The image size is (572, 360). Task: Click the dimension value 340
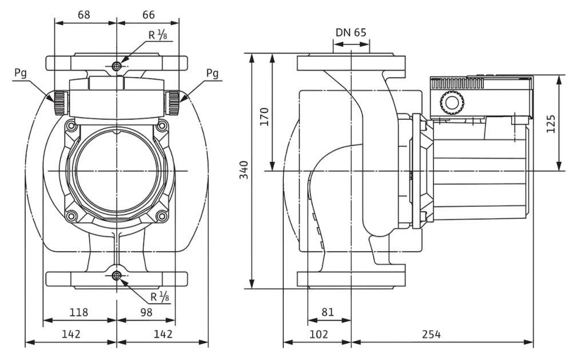244,171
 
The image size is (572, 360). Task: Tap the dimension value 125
550,122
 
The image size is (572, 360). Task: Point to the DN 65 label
351,33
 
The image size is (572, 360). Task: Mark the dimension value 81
328,312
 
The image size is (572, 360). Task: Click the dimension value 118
79,312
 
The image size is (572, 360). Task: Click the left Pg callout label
19,73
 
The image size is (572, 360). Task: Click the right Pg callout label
212,73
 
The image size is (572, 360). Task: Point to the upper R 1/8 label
159,35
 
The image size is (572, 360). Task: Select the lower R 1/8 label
160,297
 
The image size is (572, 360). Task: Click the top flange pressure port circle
117,66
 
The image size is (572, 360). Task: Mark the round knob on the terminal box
449,104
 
